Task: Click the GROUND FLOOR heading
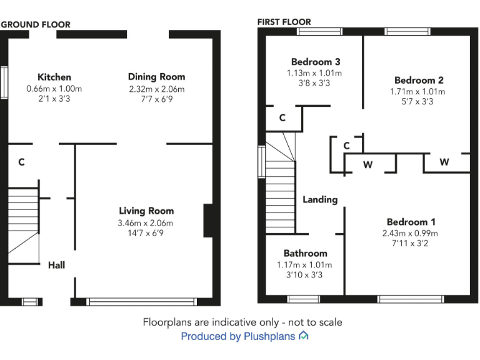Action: (36, 24)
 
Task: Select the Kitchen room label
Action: (54, 77)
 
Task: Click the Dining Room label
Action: (156, 77)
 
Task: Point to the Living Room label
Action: (146, 211)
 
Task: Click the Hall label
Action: (56, 265)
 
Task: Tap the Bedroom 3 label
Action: (316, 62)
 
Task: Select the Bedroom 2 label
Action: (419, 80)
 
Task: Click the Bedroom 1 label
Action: (411, 222)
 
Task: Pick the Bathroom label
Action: (305, 253)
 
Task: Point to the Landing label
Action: (320, 199)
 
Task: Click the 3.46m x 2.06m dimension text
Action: (146, 223)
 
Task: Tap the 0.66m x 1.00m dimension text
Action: (54, 89)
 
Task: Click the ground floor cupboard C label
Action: (21, 162)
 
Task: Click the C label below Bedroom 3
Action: (282, 117)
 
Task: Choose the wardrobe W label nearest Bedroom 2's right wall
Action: (444, 162)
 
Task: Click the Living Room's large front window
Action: (142, 302)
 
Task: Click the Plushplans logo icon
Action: (304, 336)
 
